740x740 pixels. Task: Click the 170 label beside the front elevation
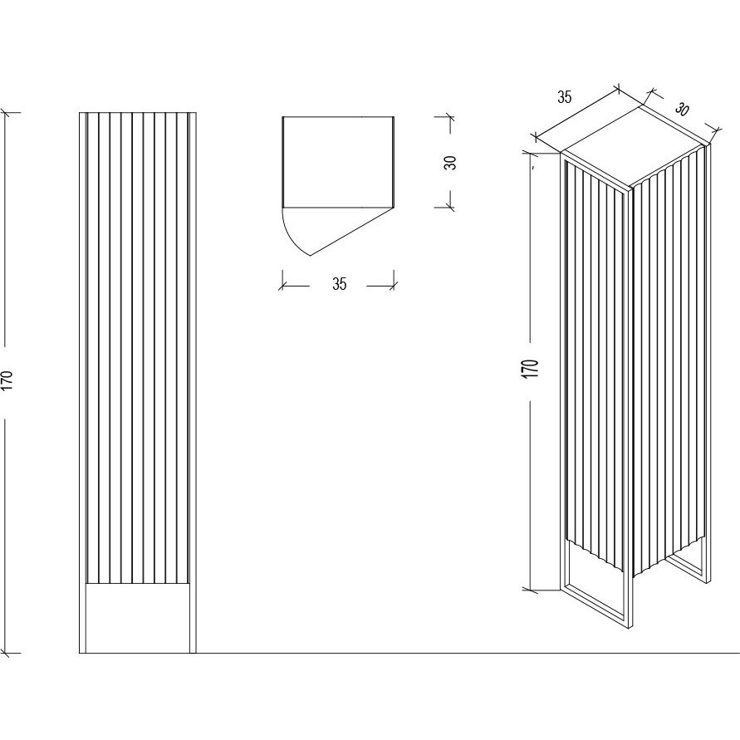tap(8, 380)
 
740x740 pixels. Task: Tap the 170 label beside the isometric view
tap(531, 368)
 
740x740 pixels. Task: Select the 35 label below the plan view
tap(340, 284)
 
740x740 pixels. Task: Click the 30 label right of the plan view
tap(451, 162)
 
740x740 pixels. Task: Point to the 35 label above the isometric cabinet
tap(565, 97)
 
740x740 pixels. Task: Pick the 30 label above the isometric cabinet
tap(681, 110)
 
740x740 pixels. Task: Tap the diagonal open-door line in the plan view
tap(351, 231)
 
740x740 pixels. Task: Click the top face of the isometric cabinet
tap(635, 146)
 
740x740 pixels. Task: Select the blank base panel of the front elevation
tap(137, 618)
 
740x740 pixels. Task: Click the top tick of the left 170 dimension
tap(6, 113)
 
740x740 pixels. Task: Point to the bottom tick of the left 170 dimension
tap(6, 653)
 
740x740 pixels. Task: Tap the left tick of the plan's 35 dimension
tap(282, 286)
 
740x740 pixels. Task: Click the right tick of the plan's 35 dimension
tap(394, 286)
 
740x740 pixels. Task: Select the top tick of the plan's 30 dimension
tap(450, 116)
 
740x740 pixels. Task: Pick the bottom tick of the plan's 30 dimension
tap(450, 207)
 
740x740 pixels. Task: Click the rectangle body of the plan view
tap(338, 162)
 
